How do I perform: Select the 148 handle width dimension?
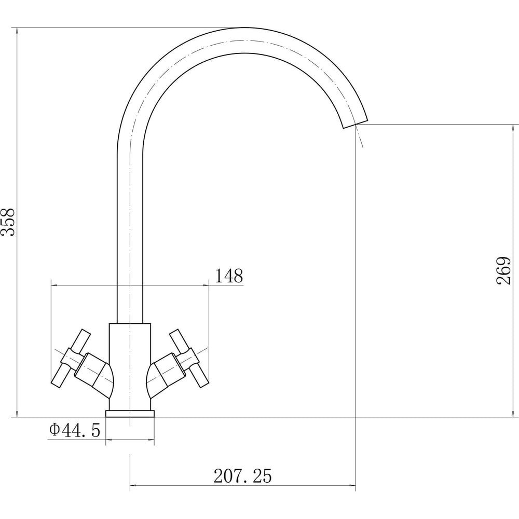229,276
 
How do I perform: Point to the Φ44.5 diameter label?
75,430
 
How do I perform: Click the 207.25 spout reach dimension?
242,476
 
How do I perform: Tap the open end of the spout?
355,123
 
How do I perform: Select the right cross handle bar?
189,358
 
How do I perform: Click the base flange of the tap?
130,414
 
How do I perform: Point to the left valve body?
94,375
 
